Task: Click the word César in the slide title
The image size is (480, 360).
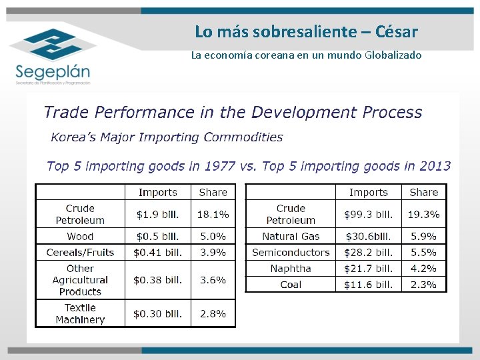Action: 397,31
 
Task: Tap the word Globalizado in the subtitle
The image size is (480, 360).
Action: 393,55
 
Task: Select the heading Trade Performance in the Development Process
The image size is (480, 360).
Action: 233,113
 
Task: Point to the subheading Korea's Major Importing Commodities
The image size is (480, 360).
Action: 167,137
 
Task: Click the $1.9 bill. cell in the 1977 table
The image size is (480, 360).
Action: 157,214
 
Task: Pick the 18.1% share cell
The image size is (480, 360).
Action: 213,214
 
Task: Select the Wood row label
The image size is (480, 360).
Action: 80,237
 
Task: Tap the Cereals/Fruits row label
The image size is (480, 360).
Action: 80,253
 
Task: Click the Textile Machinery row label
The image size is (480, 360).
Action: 80,313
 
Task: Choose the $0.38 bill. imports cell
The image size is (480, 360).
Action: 157,280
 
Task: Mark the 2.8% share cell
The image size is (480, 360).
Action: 213,313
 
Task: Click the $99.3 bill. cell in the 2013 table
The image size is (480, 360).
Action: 368,214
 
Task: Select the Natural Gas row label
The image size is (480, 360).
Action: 291,237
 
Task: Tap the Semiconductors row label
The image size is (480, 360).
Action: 291,253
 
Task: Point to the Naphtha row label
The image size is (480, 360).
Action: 291,269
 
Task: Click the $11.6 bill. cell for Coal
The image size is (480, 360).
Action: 368,285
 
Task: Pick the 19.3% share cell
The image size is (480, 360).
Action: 424,214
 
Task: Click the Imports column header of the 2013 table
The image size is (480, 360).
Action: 368,192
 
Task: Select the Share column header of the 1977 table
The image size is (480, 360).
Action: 213,192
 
